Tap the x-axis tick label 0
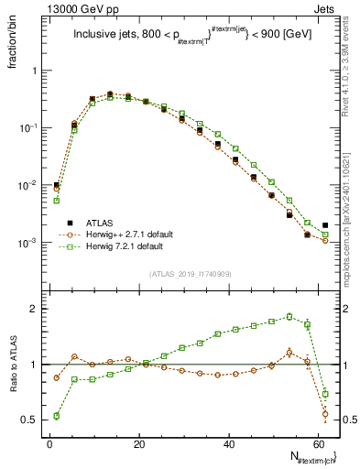[x=49, y=442]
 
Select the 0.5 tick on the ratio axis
[x=30, y=420]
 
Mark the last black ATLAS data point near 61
[x=325, y=224]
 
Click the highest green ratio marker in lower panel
[x=289, y=316]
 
